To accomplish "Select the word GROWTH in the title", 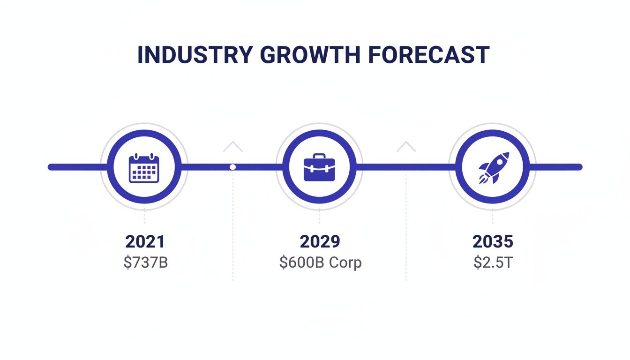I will point(310,55).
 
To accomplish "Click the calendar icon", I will point(144,167).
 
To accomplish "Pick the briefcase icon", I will point(319,167).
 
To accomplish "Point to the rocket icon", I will point(493,167).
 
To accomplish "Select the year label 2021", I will point(145,242).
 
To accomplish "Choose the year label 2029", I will point(320,242).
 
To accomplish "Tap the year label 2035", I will point(493,242).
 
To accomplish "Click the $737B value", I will point(146,262).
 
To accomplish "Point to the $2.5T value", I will point(493,262).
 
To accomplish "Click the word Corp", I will point(345,262).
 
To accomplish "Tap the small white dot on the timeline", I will point(232,167).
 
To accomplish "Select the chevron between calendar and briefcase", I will point(233,147).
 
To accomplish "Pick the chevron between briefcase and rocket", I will point(406,147).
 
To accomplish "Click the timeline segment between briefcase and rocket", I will point(406,167).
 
